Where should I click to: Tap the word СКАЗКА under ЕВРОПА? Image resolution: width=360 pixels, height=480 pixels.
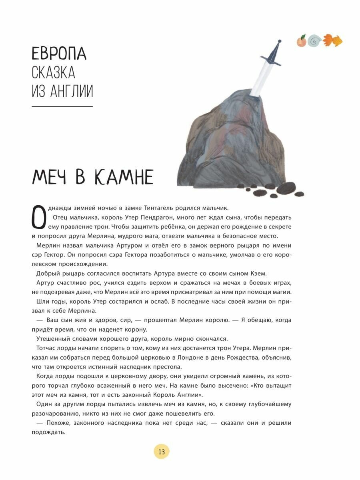tap(53, 73)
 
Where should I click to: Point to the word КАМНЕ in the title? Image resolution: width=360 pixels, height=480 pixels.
tap(124, 176)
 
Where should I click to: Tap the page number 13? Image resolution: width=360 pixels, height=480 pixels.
tap(162, 452)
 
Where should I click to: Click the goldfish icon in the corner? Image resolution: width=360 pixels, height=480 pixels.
tap(333, 40)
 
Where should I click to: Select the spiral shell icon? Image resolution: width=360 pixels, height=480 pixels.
tap(315, 41)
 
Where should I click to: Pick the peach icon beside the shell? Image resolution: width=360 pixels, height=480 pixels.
tap(302, 41)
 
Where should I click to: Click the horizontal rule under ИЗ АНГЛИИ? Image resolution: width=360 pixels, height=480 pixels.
tap(62, 106)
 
